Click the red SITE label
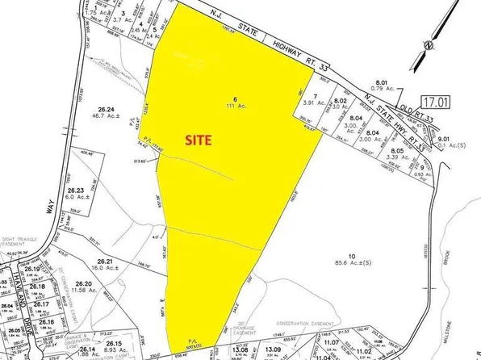tap(197, 139)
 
